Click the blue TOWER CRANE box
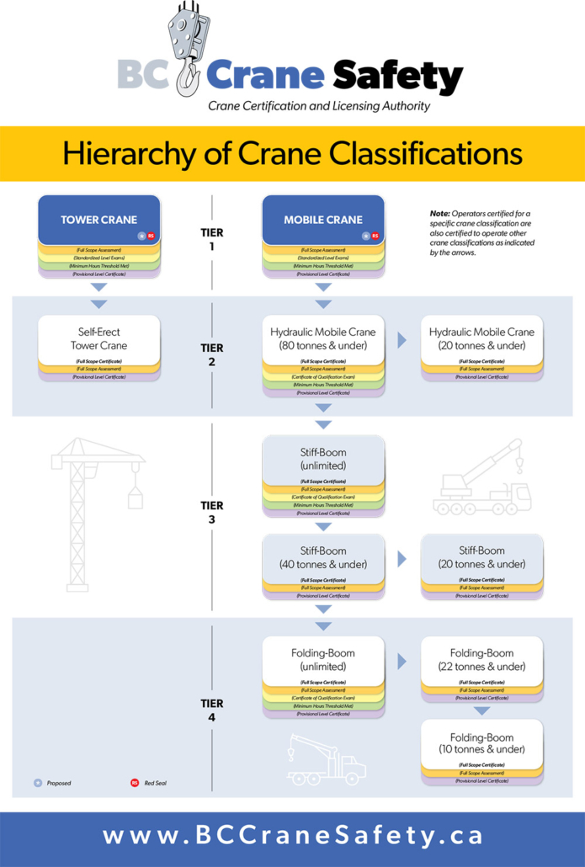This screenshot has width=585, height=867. [98, 220]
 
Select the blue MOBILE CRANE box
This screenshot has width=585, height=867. [322, 220]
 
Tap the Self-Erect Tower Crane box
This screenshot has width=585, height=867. [98, 338]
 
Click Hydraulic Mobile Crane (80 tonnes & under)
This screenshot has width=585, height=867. [322, 338]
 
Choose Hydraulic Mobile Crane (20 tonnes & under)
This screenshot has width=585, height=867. [481, 338]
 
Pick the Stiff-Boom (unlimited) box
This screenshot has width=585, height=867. [322, 459]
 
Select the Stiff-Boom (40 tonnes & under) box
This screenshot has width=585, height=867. [322, 557]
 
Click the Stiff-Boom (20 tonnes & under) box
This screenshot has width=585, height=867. [481, 557]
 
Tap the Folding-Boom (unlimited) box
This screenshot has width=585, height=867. [322, 659]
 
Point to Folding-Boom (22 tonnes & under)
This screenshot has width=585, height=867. [481, 659]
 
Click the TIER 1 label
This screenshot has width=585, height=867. [211, 240]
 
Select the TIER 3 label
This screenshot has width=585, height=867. [211, 513]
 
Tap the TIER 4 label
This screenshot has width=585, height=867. [211, 710]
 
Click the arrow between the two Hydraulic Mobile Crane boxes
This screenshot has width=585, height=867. [402, 340]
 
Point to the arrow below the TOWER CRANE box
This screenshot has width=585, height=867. [98, 303]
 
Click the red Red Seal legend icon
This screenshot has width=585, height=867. [134, 783]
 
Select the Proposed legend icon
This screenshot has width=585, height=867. [38, 783]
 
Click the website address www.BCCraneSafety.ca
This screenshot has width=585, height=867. [292, 836]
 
